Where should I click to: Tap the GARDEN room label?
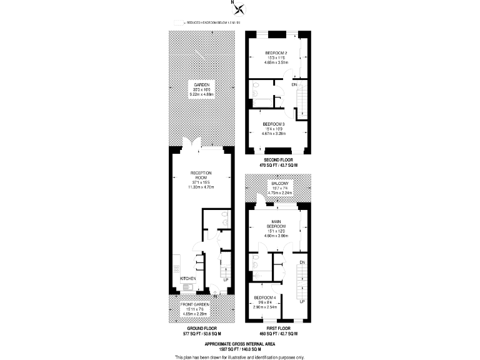pyautogui.click(x=201, y=84)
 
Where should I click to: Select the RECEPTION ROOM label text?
pyautogui.click(x=201, y=175)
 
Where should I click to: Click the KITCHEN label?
pyautogui.click(x=188, y=278)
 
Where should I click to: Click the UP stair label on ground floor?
pyautogui.click(x=226, y=279)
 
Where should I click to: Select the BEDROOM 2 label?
pyautogui.click(x=276, y=52)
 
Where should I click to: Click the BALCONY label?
pyautogui.click(x=276, y=182)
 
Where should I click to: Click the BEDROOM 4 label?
pyautogui.click(x=264, y=299)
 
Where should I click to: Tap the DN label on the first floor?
pyautogui.click(x=302, y=262)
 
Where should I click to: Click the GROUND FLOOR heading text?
pyautogui.click(x=201, y=328)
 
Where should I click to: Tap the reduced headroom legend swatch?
pyautogui.click(x=179, y=22)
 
